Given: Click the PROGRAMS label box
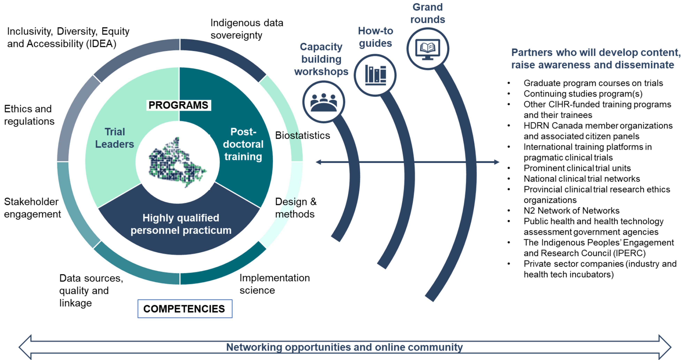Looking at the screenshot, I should [x=178, y=105].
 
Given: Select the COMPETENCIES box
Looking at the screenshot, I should [x=185, y=309].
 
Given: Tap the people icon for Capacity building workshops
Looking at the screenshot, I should [x=324, y=102].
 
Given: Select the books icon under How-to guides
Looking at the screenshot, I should [x=375, y=75].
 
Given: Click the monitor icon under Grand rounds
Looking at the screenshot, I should [x=428, y=49].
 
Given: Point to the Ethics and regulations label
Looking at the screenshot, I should [x=29, y=115].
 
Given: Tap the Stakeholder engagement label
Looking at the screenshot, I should [x=32, y=208].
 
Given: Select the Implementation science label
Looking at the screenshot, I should [x=274, y=284].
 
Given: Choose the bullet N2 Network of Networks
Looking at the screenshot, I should [x=571, y=211].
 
